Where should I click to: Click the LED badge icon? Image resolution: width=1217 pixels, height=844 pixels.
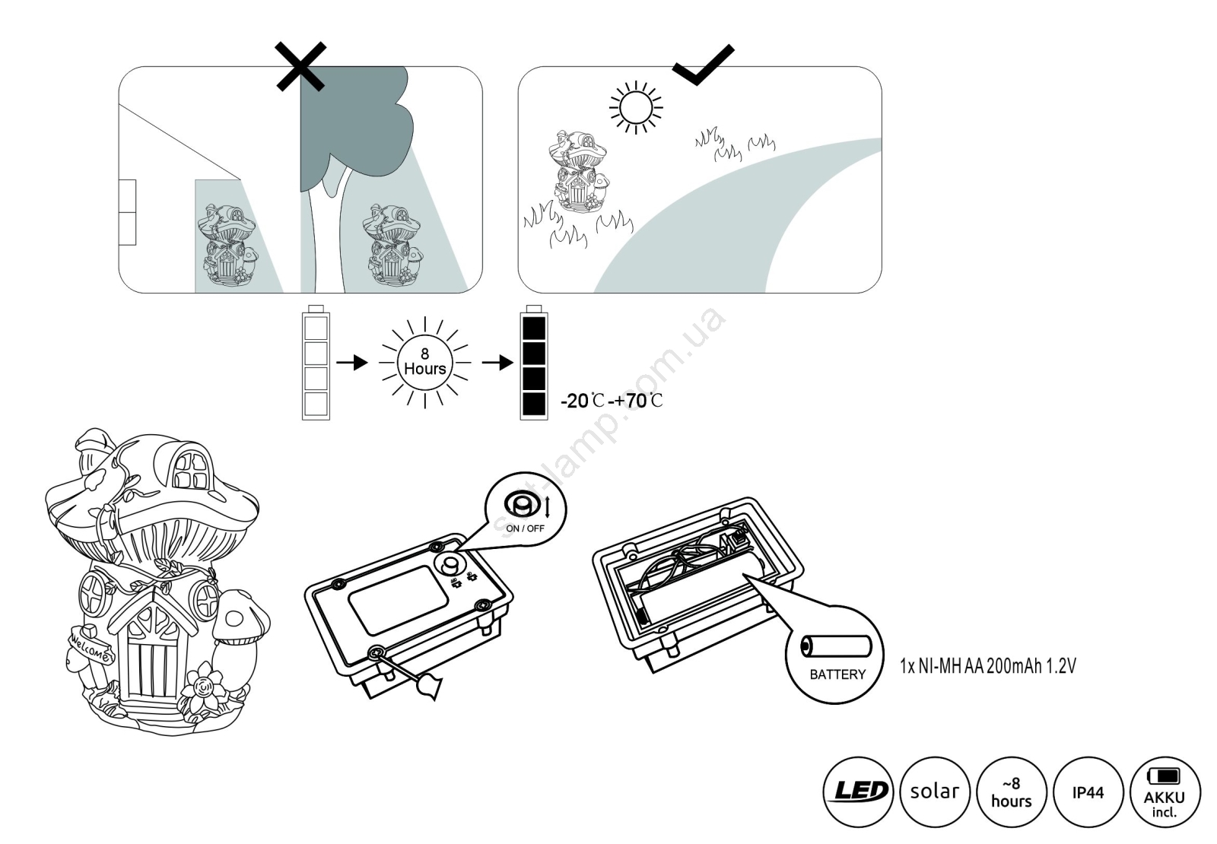click(x=857, y=792)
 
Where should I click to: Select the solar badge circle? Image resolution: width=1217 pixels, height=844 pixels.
click(x=935, y=792)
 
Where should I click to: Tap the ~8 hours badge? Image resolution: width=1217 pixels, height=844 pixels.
click(x=1012, y=792)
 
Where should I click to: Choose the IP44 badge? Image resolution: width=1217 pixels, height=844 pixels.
click(x=1088, y=792)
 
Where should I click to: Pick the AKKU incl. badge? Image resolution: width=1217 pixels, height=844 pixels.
click(x=1165, y=792)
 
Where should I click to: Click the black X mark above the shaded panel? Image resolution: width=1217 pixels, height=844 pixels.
click(x=300, y=66)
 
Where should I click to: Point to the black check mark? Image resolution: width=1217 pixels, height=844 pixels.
click(x=704, y=64)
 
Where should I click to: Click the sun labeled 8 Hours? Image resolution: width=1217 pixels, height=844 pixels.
click(x=424, y=362)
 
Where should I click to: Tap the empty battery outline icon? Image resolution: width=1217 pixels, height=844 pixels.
click(x=316, y=363)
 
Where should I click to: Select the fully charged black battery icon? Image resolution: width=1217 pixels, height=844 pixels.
click(x=533, y=363)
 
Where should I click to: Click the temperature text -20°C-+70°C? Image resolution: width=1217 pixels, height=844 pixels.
click(x=612, y=400)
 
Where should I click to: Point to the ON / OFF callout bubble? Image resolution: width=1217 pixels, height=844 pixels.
click(x=525, y=508)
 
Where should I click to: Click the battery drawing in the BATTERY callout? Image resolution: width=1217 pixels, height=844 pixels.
click(x=837, y=646)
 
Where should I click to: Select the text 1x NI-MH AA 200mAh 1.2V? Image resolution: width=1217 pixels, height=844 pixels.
click(x=987, y=666)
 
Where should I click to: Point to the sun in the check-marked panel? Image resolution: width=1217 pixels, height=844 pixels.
click(x=635, y=106)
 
